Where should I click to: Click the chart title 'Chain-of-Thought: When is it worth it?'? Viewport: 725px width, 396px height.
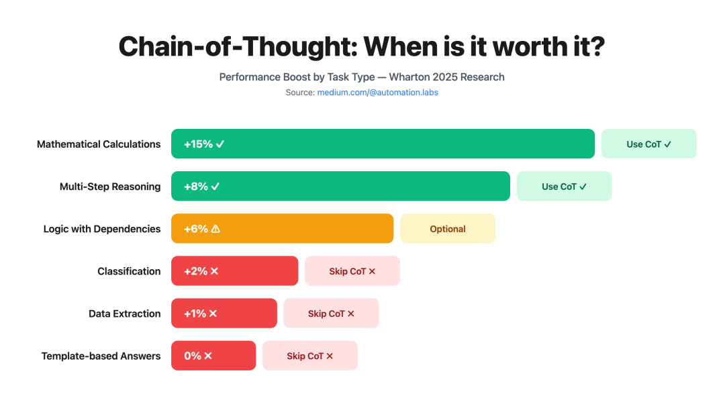[362, 46]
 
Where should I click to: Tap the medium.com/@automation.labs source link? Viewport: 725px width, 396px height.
[377, 93]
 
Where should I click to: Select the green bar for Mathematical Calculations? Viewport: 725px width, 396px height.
[383, 144]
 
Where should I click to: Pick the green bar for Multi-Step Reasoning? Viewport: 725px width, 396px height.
[340, 186]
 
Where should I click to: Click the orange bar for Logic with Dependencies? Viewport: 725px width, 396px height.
[282, 229]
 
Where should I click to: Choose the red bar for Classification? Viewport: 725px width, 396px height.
[234, 271]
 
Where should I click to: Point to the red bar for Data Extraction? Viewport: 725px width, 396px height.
[224, 313]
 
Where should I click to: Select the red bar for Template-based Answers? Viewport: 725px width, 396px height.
[213, 356]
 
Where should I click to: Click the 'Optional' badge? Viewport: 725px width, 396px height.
[448, 229]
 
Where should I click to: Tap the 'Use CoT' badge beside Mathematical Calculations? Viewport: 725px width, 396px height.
[648, 144]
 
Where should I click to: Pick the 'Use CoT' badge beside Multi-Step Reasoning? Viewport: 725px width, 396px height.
[564, 186]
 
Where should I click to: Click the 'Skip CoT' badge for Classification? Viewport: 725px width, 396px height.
[352, 271]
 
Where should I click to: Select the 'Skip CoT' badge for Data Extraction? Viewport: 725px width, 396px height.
[331, 313]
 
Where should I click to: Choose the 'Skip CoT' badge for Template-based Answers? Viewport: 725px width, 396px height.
[309, 356]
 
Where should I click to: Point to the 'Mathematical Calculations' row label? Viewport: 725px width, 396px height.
[99, 144]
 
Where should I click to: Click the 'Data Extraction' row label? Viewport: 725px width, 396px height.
[125, 313]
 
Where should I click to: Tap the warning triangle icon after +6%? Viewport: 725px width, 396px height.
[215, 229]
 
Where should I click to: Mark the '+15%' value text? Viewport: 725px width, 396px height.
[198, 144]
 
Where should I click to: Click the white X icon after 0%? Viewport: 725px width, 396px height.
[208, 356]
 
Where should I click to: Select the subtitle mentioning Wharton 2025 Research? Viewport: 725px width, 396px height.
[362, 77]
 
